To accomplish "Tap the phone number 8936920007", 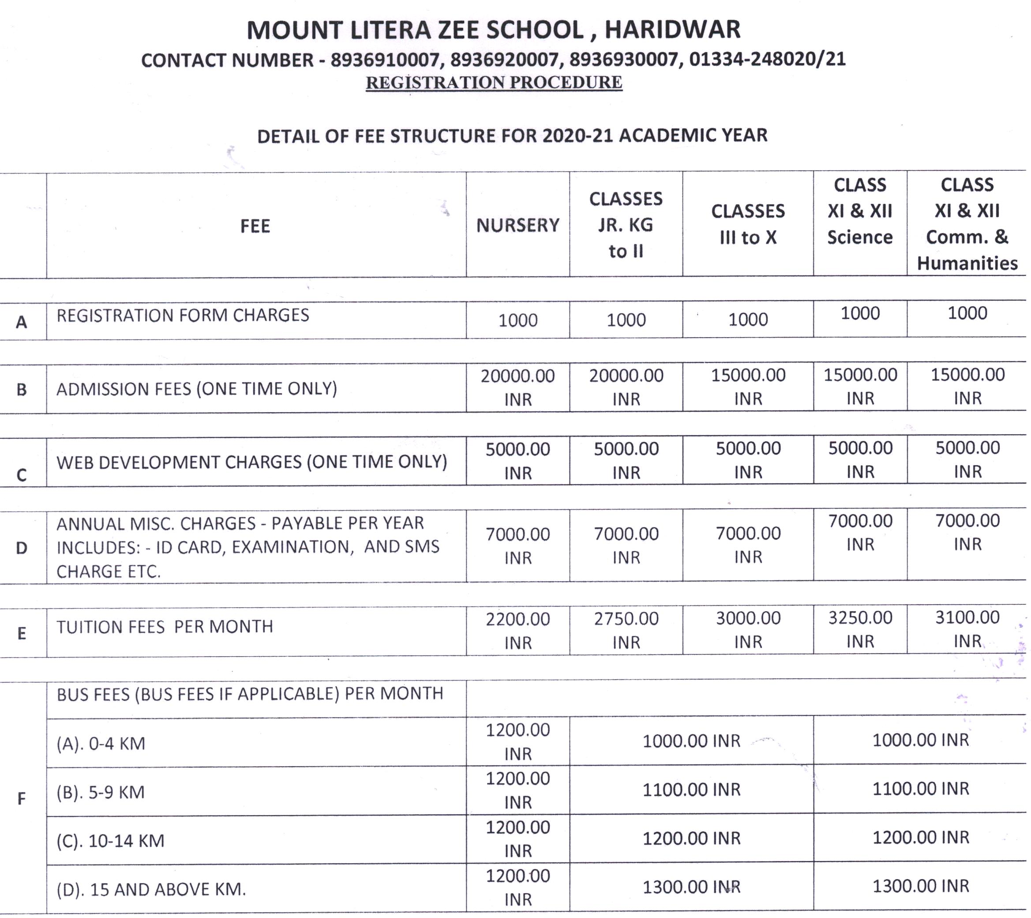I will [x=504, y=60].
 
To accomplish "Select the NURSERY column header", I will [x=517, y=225].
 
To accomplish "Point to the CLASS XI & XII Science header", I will [x=859, y=211].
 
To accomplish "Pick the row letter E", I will [x=22, y=633].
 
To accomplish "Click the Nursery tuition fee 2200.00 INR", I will [x=517, y=631].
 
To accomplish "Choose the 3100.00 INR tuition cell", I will [x=967, y=629].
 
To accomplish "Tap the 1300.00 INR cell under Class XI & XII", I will [x=921, y=886].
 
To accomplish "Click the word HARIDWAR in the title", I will [x=672, y=29].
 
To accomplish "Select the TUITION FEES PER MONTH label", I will [x=165, y=627].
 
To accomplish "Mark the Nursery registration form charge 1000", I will [x=517, y=320].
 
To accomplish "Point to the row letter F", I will [x=22, y=799].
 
